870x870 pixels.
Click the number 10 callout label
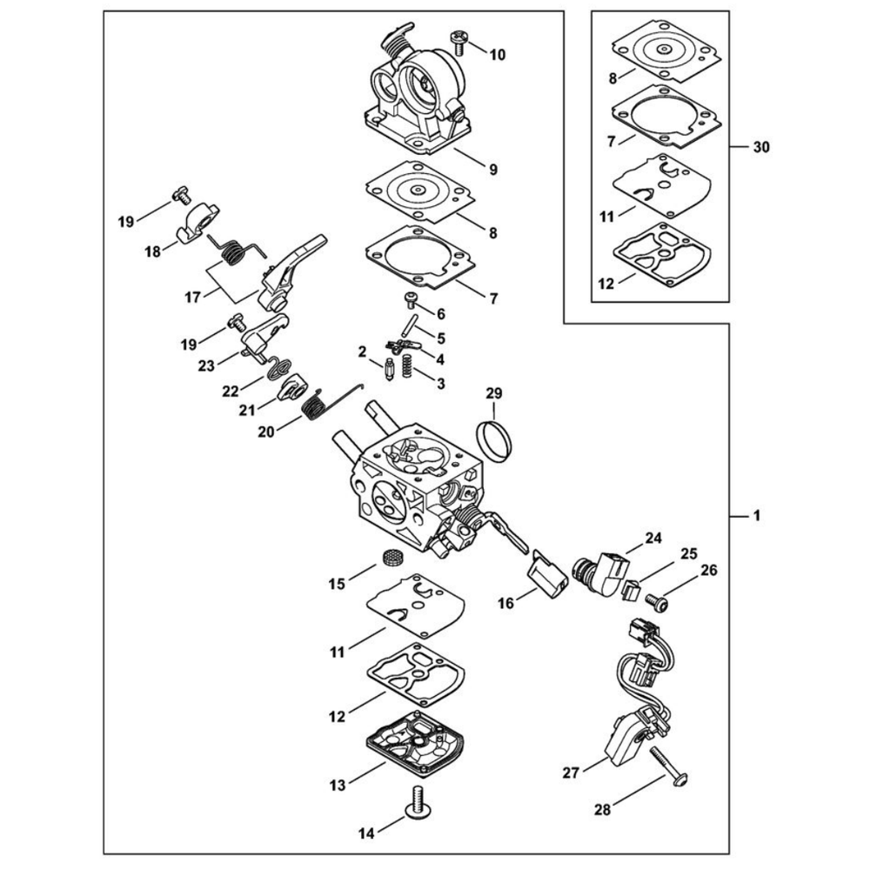497,55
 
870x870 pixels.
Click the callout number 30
761,149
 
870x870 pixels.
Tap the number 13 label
338,786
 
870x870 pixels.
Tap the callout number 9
492,170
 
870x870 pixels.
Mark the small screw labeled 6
412,300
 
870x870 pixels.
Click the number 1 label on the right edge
756,516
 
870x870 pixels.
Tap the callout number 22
229,391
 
